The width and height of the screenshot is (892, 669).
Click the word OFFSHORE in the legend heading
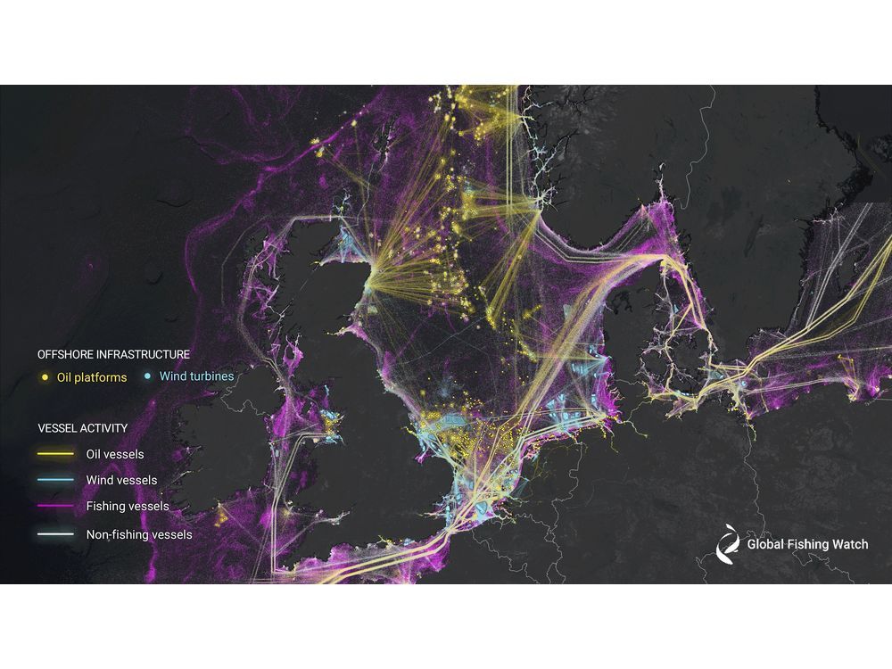tap(65, 354)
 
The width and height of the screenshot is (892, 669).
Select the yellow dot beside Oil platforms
tap(45, 377)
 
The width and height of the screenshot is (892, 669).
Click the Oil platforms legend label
tap(93, 377)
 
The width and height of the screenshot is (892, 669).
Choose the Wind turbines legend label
tap(196, 376)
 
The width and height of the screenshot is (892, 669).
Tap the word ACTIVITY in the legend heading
tap(105, 427)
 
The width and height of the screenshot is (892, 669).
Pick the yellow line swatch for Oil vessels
tap(56, 454)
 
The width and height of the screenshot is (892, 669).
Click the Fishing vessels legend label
tap(128, 507)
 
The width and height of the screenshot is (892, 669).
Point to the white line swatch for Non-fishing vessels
tap(56, 535)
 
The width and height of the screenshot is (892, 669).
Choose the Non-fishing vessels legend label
tap(138, 535)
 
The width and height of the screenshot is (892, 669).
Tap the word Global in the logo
tap(766, 544)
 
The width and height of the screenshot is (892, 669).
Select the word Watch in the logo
tap(848, 544)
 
